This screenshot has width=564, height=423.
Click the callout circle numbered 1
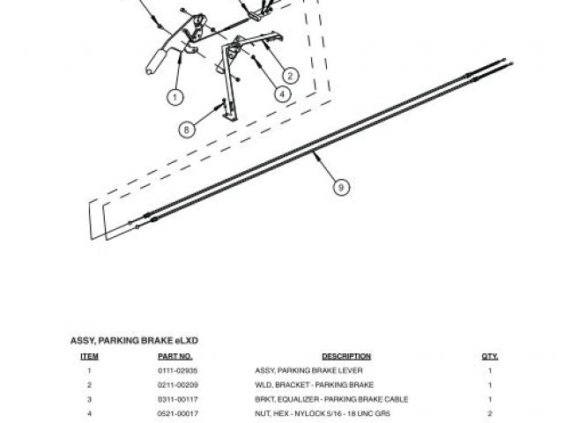tap(175, 96)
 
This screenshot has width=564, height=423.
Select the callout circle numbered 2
tap(289, 75)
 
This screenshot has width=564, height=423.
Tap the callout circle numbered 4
tap(282, 92)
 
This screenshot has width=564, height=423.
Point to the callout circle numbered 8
tap(187, 130)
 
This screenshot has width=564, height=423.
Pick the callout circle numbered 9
tap(340, 187)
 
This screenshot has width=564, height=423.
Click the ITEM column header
tap(90, 356)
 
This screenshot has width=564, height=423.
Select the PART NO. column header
tap(174, 356)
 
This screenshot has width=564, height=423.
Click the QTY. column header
tap(490, 356)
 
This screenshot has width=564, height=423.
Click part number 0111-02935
tap(174, 371)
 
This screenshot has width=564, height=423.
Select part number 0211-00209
tap(174, 385)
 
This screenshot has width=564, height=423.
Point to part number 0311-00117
tap(174, 399)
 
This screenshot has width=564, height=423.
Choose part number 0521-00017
tap(174, 413)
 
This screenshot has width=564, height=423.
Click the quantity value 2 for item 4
tap(490, 413)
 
